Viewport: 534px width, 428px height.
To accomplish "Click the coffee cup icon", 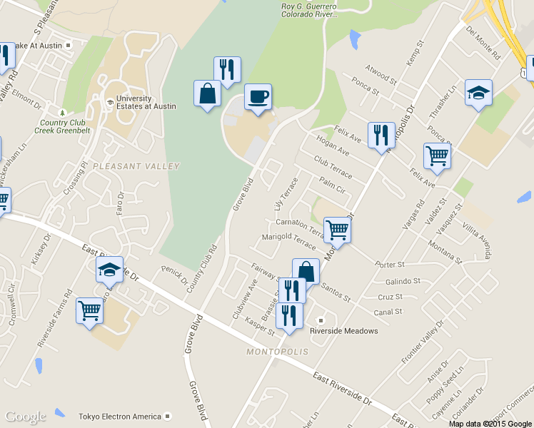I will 258,96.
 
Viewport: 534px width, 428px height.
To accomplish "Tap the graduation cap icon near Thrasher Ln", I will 478,92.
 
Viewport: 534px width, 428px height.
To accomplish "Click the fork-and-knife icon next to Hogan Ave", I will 381,134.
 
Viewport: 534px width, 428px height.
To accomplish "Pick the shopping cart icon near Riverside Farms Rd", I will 89,310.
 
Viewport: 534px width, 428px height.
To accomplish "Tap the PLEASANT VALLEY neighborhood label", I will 135,166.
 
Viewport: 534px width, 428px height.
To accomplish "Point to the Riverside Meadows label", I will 343,331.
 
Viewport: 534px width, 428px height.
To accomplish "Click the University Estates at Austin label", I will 135,102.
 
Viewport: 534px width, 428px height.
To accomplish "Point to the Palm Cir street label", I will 333,185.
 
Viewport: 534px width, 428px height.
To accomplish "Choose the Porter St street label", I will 390,265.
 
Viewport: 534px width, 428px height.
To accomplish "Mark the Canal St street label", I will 388,312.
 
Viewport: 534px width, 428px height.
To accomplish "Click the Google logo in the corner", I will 26,417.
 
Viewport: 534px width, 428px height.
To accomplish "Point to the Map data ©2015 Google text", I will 490,423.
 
